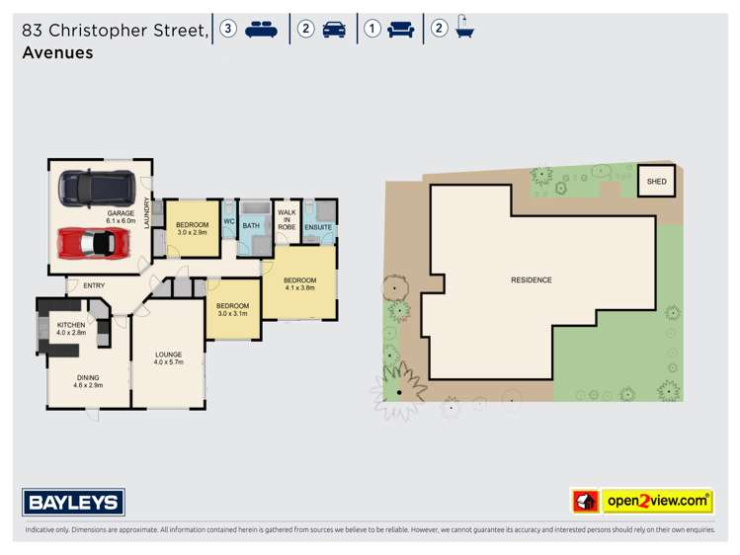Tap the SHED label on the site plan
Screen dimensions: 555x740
(x=656, y=182)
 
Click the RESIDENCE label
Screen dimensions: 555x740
(x=531, y=279)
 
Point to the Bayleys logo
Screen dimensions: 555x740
(x=74, y=502)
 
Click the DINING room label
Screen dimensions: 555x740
(x=89, y=379)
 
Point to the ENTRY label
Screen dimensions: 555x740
(x=94, y=286)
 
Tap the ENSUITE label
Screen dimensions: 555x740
(x=318, y=227)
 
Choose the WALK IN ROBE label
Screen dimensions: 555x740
(x=287, y=219)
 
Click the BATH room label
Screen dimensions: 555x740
(x=252, y=225)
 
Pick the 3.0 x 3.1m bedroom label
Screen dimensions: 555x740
(x=232, y=310)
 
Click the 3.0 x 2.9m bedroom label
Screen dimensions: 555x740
(x=192, y=228)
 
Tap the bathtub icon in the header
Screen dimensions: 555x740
(x=463, y=30)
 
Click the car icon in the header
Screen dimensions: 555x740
(x=334, y=30)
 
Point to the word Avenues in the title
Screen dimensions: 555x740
(x=57, y=52)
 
